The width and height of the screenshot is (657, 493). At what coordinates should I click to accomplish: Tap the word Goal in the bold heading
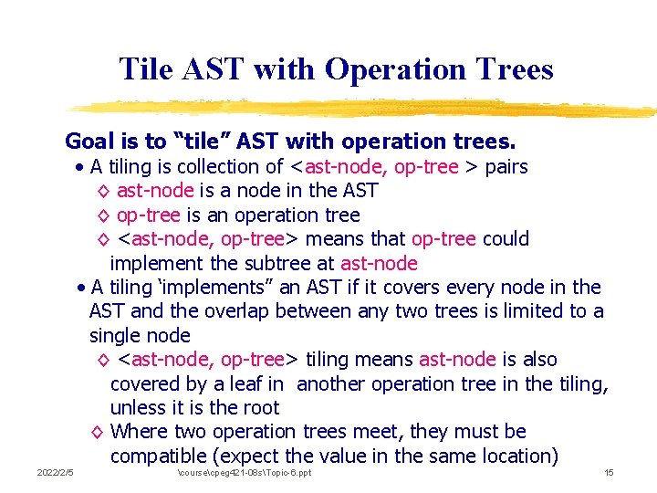coord(89,142)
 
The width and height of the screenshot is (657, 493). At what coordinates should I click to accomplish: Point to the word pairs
coord(506,167)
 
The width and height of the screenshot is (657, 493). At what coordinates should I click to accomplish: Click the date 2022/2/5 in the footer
coord(55,473)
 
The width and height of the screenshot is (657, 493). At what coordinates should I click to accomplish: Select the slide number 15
coord(609,473)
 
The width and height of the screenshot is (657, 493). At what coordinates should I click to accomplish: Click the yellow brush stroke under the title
coord(365,107)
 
